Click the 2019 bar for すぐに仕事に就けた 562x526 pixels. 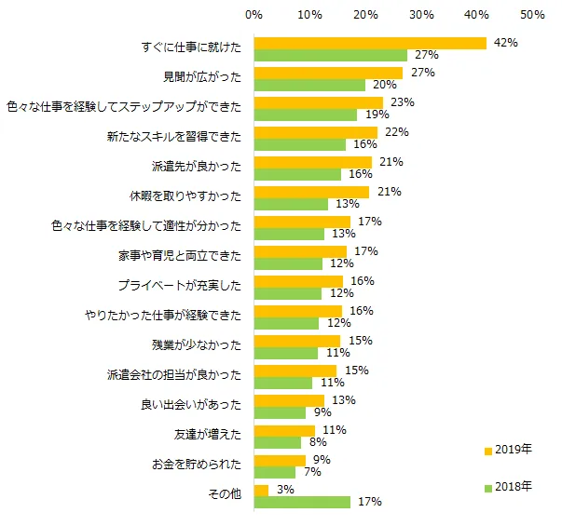370,43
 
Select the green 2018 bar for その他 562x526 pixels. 302,502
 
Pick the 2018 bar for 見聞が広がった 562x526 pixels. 309,85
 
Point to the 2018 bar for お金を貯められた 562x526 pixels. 274,472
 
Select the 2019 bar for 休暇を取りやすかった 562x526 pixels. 311,192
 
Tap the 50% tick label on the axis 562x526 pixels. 533,15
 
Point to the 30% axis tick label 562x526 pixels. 421,15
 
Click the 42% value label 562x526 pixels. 506,43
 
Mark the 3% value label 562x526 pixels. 286,490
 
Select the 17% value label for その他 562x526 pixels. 369,503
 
